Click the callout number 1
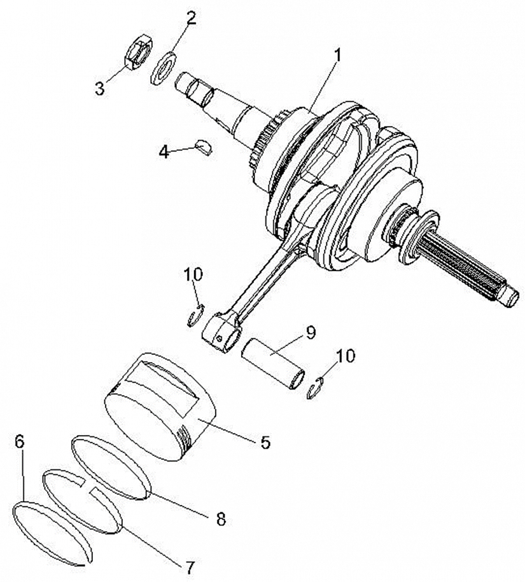337,57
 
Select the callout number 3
99,88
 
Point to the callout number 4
164,151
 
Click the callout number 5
265,442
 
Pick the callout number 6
19,441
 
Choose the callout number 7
190,567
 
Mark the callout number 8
221,518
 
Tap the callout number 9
310,333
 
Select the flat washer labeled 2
163,69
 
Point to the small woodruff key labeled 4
204,146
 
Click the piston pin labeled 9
273,364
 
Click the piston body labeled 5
160,408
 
